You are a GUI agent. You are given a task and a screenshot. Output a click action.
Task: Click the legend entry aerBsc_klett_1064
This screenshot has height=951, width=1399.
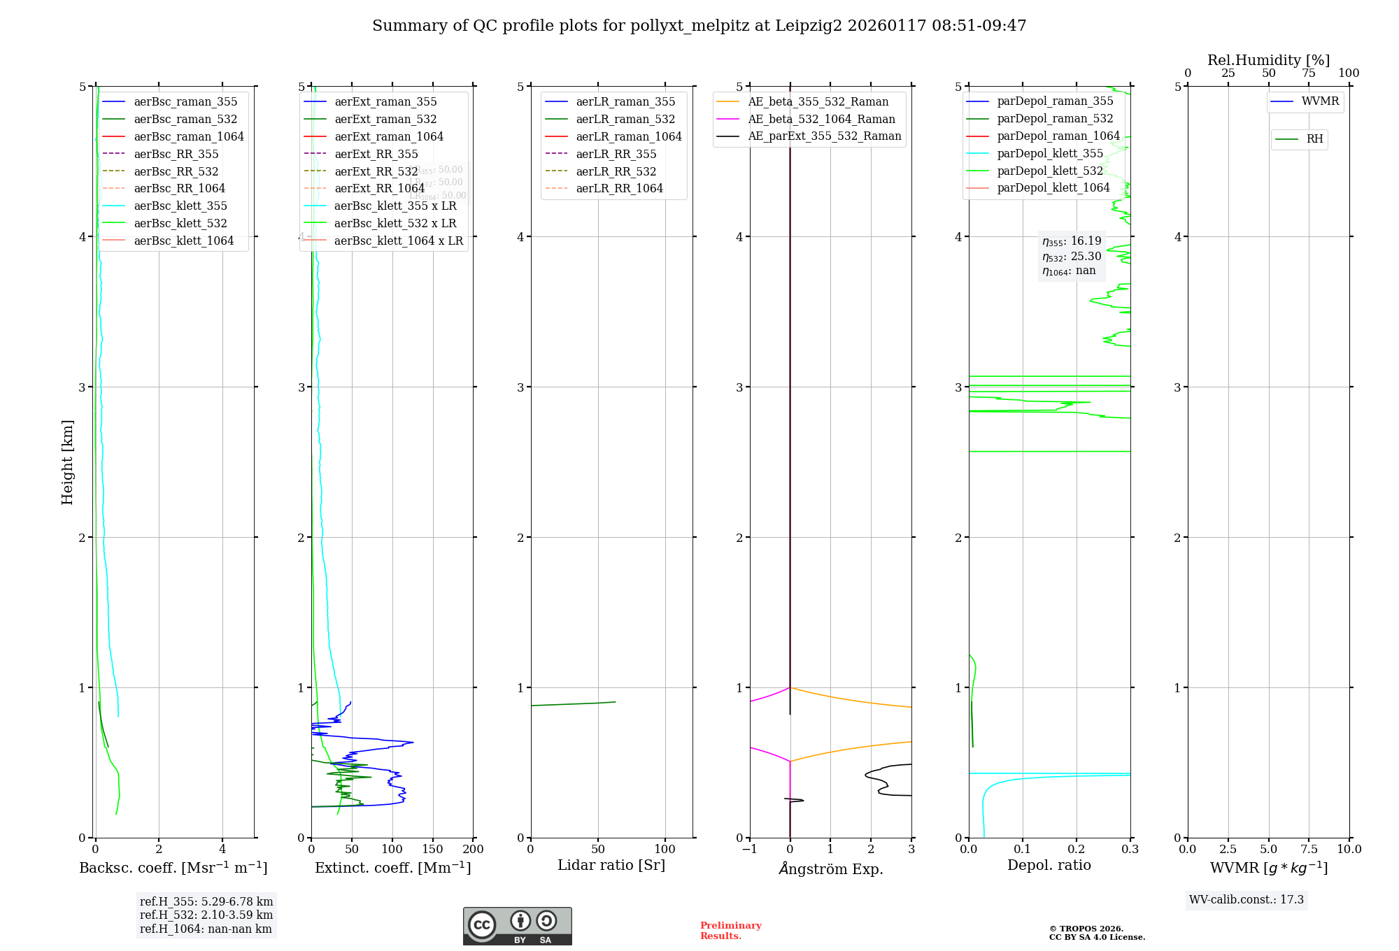184,241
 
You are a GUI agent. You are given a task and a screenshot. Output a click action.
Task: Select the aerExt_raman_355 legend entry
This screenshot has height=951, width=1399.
385,102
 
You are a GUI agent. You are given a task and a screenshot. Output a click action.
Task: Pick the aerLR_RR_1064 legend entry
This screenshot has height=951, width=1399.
619,188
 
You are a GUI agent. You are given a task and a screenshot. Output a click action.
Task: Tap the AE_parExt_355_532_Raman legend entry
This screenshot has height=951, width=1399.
824,136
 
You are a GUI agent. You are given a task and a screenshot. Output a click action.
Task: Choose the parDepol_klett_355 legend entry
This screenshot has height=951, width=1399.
1050,153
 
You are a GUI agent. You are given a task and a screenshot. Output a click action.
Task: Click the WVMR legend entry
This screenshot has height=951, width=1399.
1320,101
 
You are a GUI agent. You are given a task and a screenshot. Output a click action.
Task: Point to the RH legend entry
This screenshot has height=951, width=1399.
1314,139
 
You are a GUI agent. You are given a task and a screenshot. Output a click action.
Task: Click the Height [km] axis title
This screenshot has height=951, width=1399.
67,462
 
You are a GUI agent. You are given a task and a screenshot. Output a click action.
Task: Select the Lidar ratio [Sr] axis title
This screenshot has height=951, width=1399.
611,865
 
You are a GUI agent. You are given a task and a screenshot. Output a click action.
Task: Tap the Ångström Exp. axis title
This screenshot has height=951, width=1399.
831,868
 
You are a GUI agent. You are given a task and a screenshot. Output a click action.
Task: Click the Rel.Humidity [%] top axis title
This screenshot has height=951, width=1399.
1268,60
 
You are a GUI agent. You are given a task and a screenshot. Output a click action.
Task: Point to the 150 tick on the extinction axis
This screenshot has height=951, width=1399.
433,849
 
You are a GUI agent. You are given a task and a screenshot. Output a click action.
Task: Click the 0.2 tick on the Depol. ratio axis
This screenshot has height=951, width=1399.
1077,849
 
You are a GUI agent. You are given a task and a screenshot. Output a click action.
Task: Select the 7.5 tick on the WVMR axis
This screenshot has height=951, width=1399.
1309,849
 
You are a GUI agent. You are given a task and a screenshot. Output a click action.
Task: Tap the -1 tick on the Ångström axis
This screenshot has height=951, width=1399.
748,849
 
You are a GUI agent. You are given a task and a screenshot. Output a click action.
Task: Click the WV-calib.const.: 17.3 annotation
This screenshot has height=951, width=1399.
1246,899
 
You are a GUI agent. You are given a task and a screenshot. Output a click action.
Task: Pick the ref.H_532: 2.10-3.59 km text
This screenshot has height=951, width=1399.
206,915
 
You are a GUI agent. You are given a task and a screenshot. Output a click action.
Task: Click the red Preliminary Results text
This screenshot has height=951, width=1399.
730,930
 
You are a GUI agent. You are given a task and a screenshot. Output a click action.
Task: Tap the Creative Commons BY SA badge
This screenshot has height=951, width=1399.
517,926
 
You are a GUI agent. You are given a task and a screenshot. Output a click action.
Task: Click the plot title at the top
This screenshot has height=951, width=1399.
699,26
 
